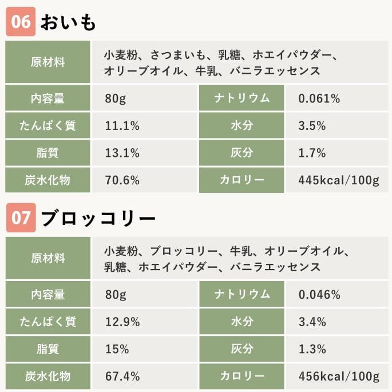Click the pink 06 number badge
click(x=21, y=22)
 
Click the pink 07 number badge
click(x=21, y=219)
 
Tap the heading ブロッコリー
click(x=98, y=219)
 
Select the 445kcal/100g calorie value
click(x=338, y=180)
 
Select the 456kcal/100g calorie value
click(x=338, y=376)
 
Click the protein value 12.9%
click(x=122, y=322)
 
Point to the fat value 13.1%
click(x=122, y=153)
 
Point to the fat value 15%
click(x=117, y=349)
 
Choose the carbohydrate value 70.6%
click(x=122, y=180)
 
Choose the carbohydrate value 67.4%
click(x=122, y=376)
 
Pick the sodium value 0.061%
click(x=319, y=98)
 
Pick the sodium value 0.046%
click(x=319, y=295)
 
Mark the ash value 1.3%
click(x=312, y=349)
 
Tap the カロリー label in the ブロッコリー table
click(x=241, y=376)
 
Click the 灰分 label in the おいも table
click(x=241, y=153)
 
